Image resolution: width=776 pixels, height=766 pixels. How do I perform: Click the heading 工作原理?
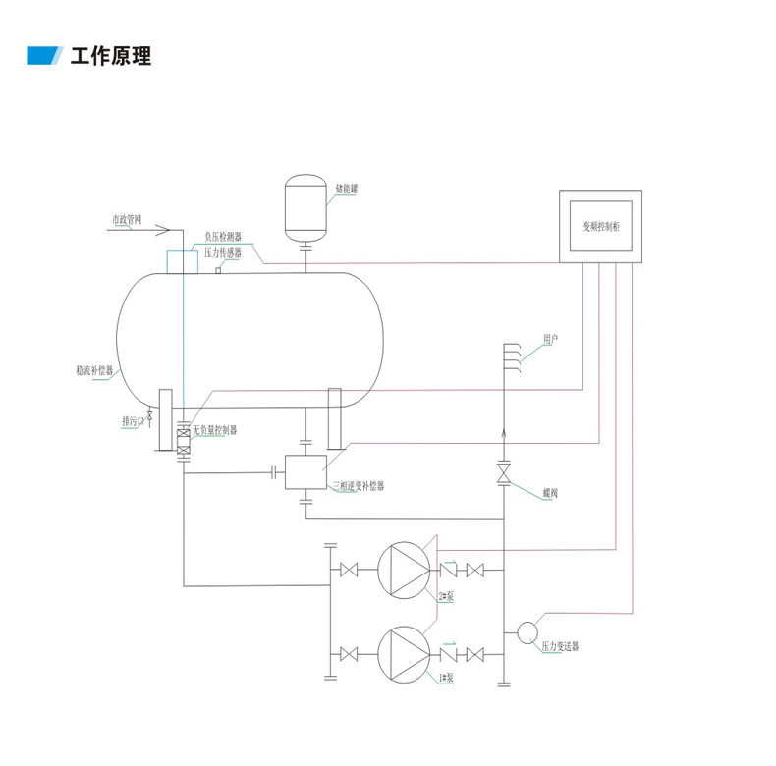(x=111, y=56)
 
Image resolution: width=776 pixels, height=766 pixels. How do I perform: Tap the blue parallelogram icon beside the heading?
(x=44, y=56)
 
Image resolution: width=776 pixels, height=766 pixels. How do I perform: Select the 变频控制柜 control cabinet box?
(x=600, y=226)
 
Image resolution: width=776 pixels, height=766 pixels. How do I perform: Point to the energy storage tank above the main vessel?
(x=305, y=207)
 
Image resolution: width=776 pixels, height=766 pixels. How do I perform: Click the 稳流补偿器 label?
(x=94, y=372)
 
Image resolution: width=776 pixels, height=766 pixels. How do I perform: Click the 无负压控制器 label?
(x=214, y=430)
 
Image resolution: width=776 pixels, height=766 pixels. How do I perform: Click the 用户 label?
(x=550, y=339)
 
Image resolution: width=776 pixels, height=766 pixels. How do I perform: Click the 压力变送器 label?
(x=560, y=647)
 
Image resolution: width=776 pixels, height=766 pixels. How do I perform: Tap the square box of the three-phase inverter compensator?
(x=305, y=472)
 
